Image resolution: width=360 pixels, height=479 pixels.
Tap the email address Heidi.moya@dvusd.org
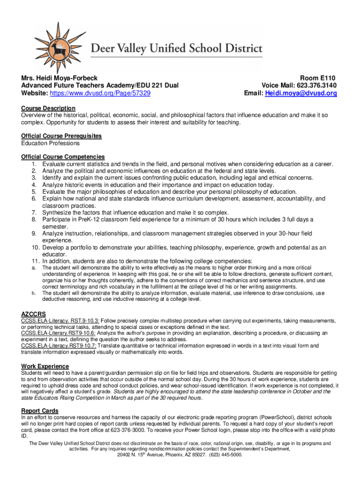[x=301, y=94]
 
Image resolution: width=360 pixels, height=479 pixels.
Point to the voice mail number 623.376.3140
[x=314, y=86]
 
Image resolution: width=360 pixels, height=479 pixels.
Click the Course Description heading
[x=48, y=108]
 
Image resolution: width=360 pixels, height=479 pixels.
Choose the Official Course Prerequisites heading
[x=61, y=136]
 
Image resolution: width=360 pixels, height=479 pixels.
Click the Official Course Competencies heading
[x=63, y=156]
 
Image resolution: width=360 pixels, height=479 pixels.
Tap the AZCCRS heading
[x=34, y=313]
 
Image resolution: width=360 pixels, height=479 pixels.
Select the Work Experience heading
[x=45, y=366]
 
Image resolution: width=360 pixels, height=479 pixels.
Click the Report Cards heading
[x=40, y=410]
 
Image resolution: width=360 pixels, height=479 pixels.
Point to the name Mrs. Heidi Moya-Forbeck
[x=59, y=78]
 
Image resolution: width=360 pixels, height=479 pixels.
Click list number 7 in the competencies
[x=34, y=212]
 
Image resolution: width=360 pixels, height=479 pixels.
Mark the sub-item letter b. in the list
[x=34, y=293]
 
